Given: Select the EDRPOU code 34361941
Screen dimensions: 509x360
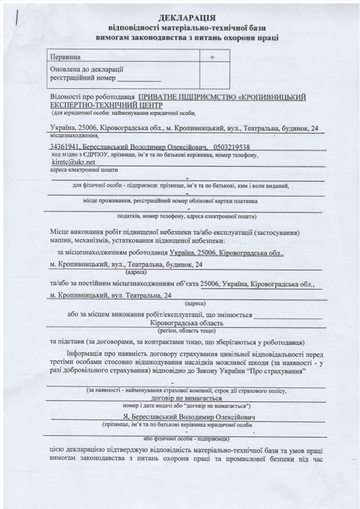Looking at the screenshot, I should coord(64,147).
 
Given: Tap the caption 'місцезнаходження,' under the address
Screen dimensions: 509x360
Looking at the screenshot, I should coord(71,137).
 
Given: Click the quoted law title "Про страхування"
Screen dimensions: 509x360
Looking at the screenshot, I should coord(275,371).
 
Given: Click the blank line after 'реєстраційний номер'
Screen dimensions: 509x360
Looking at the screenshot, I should coord(141,79).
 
